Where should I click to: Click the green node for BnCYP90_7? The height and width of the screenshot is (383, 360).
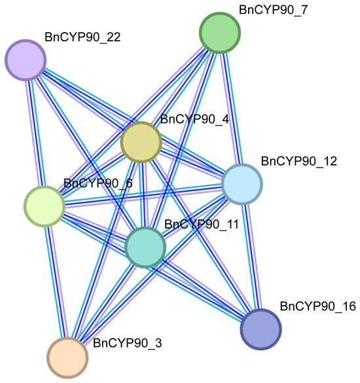(220, 33)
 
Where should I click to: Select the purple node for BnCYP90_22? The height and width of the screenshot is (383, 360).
(26, 60)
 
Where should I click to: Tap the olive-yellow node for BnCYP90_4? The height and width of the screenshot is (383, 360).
(141, 142)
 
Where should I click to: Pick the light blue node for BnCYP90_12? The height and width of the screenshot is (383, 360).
(242, 184)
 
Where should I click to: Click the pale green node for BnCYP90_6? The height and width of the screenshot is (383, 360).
(45, 206)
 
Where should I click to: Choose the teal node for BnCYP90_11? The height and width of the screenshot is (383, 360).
(145, 247)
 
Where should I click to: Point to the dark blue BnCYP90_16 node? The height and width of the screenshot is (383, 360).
(261, 329)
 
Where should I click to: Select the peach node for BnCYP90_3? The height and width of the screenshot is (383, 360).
(67, 357)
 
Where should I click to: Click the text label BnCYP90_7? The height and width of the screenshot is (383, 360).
(273, 10)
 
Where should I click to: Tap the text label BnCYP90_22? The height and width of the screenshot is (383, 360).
(82, 37)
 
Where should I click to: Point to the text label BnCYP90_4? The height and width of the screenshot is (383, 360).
(194, 119)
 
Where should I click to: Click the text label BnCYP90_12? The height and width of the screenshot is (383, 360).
(299, 161)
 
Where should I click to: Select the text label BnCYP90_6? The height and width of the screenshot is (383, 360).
(98, 183)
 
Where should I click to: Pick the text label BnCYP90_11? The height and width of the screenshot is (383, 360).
(202, 224)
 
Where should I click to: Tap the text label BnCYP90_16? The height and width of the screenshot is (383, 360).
(317, 306)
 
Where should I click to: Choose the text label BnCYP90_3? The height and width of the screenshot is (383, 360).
(127, 343)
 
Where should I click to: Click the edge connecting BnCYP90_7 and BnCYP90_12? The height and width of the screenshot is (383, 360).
(231, 109)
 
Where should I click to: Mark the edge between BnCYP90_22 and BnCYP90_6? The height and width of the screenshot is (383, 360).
(35, 133)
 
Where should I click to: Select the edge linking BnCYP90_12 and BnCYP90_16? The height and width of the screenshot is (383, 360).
(251, 257)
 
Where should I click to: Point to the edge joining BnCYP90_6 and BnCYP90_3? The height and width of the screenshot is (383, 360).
(56, 282)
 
